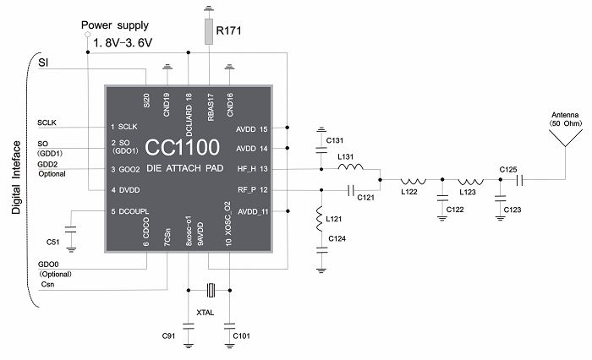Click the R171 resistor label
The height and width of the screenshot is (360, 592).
(x=230, y=30)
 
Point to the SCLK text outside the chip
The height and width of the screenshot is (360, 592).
(x=49, y=123)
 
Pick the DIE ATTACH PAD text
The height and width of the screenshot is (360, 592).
(x=184, y=169)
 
